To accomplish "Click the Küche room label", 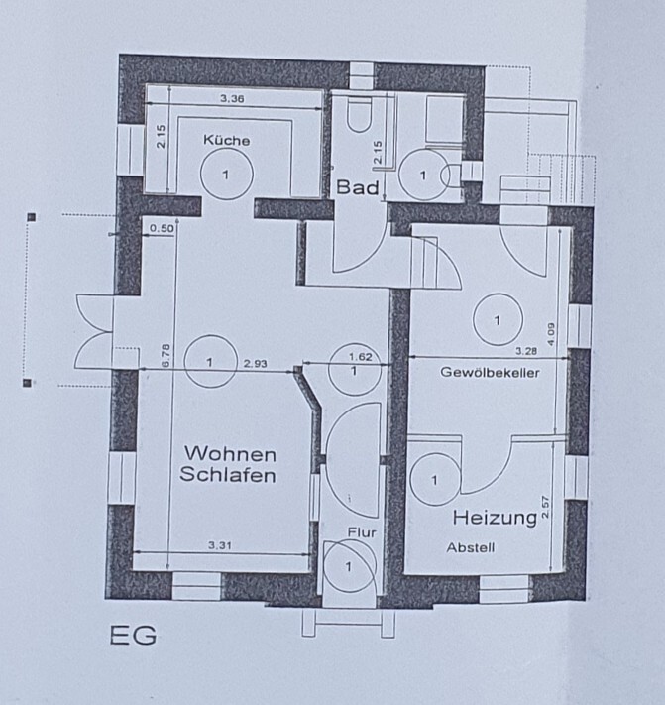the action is (x=227, y=140).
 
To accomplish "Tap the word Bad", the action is (x=358, y=187).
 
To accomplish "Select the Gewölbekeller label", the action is (x=490, y=372).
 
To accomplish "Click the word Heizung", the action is (x=495, y=518).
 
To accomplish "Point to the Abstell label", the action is (x=471, y=547).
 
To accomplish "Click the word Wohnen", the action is (x=230, y=454).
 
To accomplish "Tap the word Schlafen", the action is (x=227, y=475).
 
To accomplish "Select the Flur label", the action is (x=362, y=532).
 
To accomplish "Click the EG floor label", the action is (x=134, y=636).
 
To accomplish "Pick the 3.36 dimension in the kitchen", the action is (x=232, y=98).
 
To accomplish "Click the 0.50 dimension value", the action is (x=162, y=228).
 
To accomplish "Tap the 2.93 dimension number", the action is (x=256, y=363).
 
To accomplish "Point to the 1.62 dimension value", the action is (x=361, y=357).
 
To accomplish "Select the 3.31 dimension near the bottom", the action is (x=220, y=545).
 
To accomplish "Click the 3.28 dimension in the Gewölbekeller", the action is (x=525, y=351).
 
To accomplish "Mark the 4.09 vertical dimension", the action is (x=551, y=334).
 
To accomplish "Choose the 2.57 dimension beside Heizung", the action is (x=545, y=507).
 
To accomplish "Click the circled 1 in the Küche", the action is (x=226, y=175).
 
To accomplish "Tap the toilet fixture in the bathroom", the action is (x=359, y=116).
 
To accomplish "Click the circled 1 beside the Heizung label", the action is (x=435, y=480).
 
